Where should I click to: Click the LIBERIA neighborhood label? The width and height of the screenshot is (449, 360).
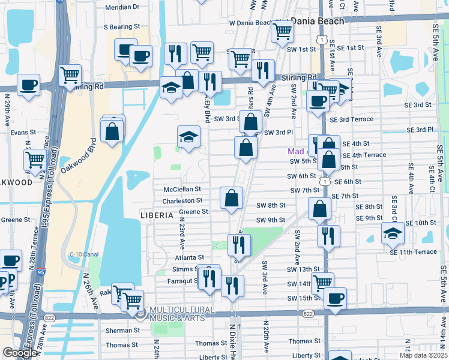[157, 215]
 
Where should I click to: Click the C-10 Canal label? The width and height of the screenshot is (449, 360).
[83, 254]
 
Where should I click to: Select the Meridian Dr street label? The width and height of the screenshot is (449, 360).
[122, 7]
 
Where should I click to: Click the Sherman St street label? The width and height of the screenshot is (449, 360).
[122, 331]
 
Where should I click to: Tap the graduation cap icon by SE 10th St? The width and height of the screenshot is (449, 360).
[393, 232]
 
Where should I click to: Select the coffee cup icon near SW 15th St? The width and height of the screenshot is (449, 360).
[335, 297]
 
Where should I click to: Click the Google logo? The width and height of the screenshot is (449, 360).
[20, 353]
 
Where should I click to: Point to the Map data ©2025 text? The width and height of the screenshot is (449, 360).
[423, 355]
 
